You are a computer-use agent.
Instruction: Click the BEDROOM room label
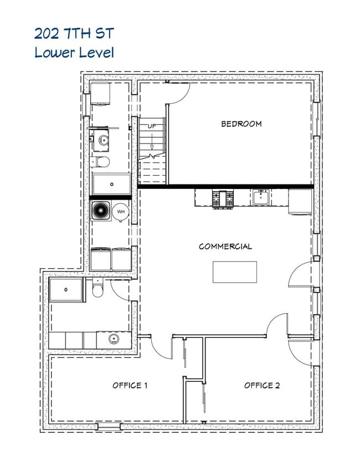(241, 124)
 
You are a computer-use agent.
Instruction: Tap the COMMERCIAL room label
(225, 246)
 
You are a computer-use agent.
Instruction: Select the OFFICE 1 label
(130, 385)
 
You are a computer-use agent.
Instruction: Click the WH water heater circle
(121, 212)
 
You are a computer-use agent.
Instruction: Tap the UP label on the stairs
(151, 126)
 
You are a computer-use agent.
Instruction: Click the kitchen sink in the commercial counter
(261, 197)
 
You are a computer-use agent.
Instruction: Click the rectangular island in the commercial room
(235, 272)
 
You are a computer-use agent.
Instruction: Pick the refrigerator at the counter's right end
(301, 201)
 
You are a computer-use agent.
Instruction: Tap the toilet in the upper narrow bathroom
(102, 162)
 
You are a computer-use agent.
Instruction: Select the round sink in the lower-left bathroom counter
(114, 339)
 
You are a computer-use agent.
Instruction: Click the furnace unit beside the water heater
(101, 211)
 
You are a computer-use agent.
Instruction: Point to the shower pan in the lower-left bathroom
(67, 290)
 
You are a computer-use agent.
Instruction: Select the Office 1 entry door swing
(157, 346)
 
